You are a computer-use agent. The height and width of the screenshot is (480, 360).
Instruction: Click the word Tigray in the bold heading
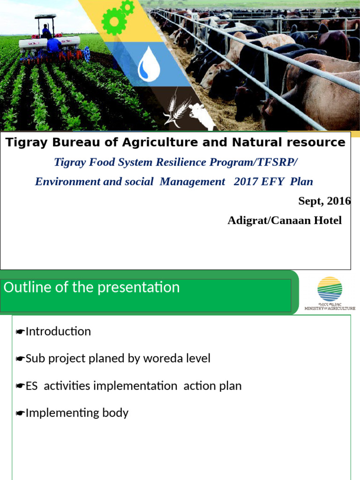23,142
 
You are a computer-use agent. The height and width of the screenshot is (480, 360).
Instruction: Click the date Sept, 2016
324,201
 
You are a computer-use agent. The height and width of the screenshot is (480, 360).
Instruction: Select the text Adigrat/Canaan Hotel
285,220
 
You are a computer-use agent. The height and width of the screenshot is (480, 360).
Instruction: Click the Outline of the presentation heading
92,287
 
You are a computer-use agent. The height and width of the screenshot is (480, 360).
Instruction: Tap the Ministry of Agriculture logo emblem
330,289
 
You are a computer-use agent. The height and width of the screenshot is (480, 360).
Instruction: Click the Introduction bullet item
58,331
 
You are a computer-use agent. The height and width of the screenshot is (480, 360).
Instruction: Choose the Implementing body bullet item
76,413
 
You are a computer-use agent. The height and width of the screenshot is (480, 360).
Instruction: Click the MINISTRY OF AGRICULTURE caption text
330,308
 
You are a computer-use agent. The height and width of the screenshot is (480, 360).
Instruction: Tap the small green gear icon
127,7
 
